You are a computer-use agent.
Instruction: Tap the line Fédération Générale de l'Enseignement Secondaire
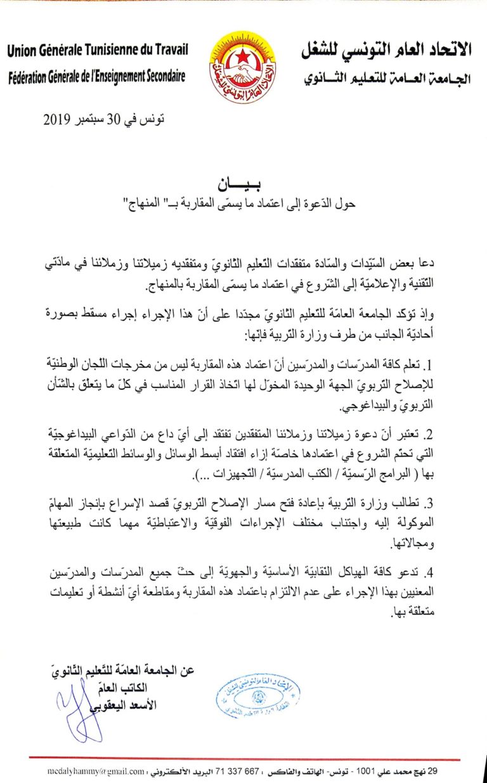pos(97,77)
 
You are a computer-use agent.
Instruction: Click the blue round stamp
pos(257,696)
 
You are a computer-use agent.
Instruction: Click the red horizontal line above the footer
pos(243,759)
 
